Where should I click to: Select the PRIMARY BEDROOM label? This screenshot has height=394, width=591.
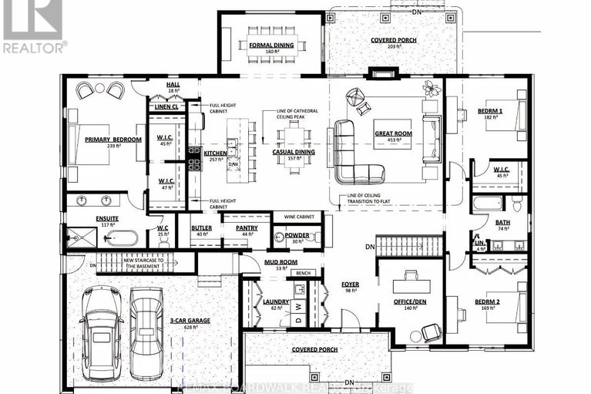114,139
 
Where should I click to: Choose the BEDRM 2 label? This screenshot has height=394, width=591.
487,301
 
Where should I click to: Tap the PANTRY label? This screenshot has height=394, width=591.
247,227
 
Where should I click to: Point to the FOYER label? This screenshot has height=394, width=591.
351,284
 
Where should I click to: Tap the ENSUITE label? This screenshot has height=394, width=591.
107,218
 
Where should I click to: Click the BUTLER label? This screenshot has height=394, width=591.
202,227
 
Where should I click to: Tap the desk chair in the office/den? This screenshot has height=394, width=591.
429,330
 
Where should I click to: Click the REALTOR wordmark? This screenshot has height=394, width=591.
34,46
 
